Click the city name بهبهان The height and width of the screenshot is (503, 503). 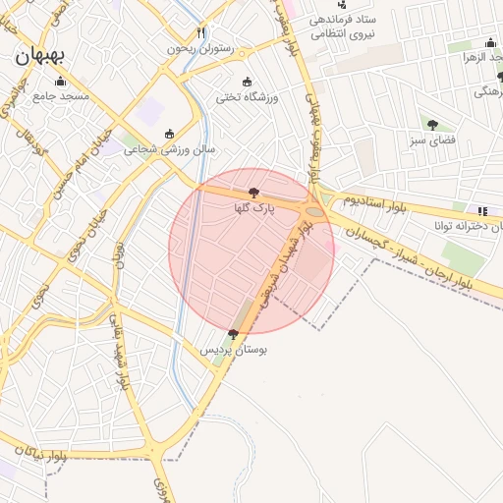click(x=40, y=56)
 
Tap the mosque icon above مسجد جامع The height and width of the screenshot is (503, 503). click(x=61, y=82)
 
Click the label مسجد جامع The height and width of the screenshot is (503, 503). click(x=61, y=96)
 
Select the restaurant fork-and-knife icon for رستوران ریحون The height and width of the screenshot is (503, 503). click(x=201, y=32)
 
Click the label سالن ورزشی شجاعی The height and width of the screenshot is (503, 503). click(x=169, y=150)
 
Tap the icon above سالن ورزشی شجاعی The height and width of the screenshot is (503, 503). click(x=169, y=135)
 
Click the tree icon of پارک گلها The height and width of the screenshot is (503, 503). click(x=254, y=193)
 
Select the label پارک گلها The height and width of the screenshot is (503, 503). click(x=254, y=208)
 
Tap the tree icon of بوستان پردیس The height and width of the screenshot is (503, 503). click(x=232, y=335)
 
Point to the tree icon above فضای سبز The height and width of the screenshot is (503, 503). click(x=432, y=125)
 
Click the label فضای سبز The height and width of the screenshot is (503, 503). click(x=432, y=140)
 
